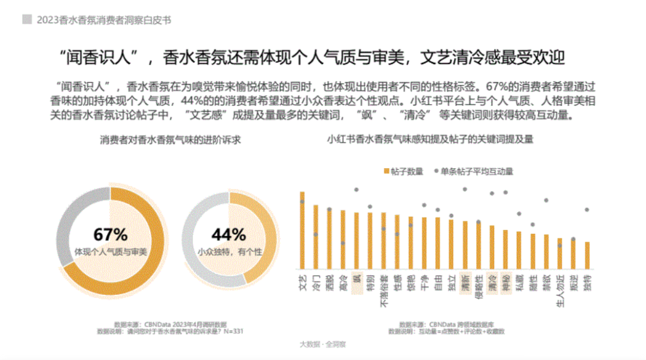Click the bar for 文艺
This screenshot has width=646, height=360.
coord(302,230)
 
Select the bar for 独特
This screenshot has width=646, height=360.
coord(587,255)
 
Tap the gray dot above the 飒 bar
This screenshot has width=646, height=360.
coord(356,190)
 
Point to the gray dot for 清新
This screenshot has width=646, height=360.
coord(465,189)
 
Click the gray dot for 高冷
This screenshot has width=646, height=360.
coord(343,243)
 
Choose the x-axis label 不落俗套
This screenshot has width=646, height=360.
coord(384,291)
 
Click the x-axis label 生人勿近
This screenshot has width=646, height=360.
coord(560,289)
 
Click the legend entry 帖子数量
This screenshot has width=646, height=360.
coord(403,171)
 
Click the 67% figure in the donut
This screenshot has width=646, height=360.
coord(111,234)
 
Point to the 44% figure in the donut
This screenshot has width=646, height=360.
coord(230,234)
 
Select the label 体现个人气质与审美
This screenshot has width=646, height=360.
coord(111,252)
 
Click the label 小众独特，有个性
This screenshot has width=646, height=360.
coord(230,252)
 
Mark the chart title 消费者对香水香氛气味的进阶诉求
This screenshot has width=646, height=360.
coord(166,141)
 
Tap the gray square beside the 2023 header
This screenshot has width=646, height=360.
coord(27,19)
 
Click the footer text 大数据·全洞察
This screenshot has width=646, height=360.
coord(323,344)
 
